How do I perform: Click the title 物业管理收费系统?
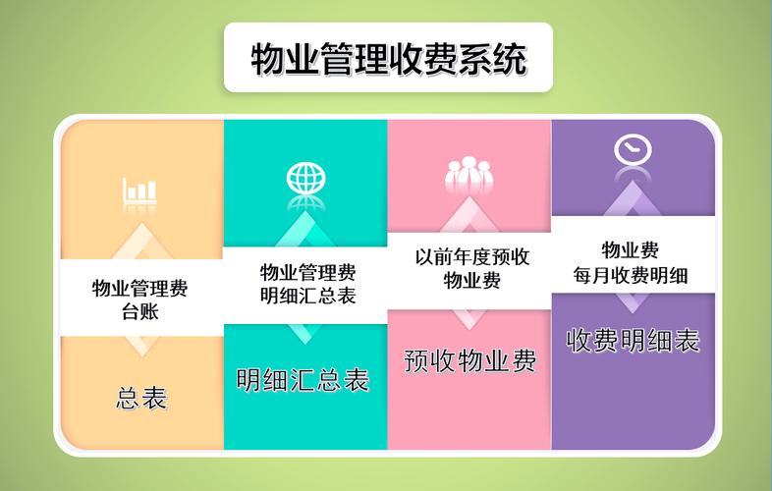click(x=388, y=58)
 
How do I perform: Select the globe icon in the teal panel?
click(x=305, y=179)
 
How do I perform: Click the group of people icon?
click(x=469, y=173)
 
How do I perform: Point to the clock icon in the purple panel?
click(x=633, y=149)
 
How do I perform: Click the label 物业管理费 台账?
click(x=140, y=300)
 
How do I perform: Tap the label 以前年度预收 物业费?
click(x=471, y=268)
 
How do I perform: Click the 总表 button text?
click(x=141, y=398)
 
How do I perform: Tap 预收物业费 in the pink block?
click(x=470, y=361)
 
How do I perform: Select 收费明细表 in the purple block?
click(x=634, y=341)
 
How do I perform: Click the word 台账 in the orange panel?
click(x=141, y=312)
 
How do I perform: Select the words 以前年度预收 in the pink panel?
click(x=471, y=257)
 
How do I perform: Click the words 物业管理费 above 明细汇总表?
click(x=307, y=271)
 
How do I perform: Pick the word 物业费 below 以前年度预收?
click(x=471, y=281)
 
